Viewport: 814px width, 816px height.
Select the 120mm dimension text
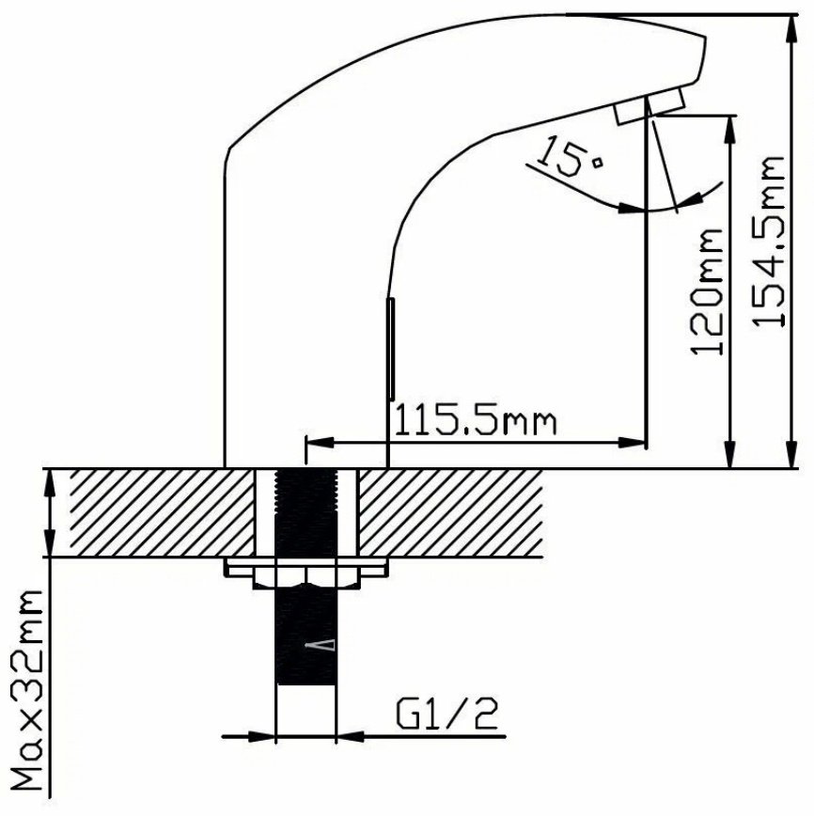(707, 291)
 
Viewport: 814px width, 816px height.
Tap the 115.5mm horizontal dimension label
(476, 421)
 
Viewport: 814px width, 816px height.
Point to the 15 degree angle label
(569, 156)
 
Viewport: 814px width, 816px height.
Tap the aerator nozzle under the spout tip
(649, 106)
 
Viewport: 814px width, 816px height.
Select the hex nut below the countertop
(306, 578)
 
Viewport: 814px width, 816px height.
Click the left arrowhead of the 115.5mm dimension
(320, 443)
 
